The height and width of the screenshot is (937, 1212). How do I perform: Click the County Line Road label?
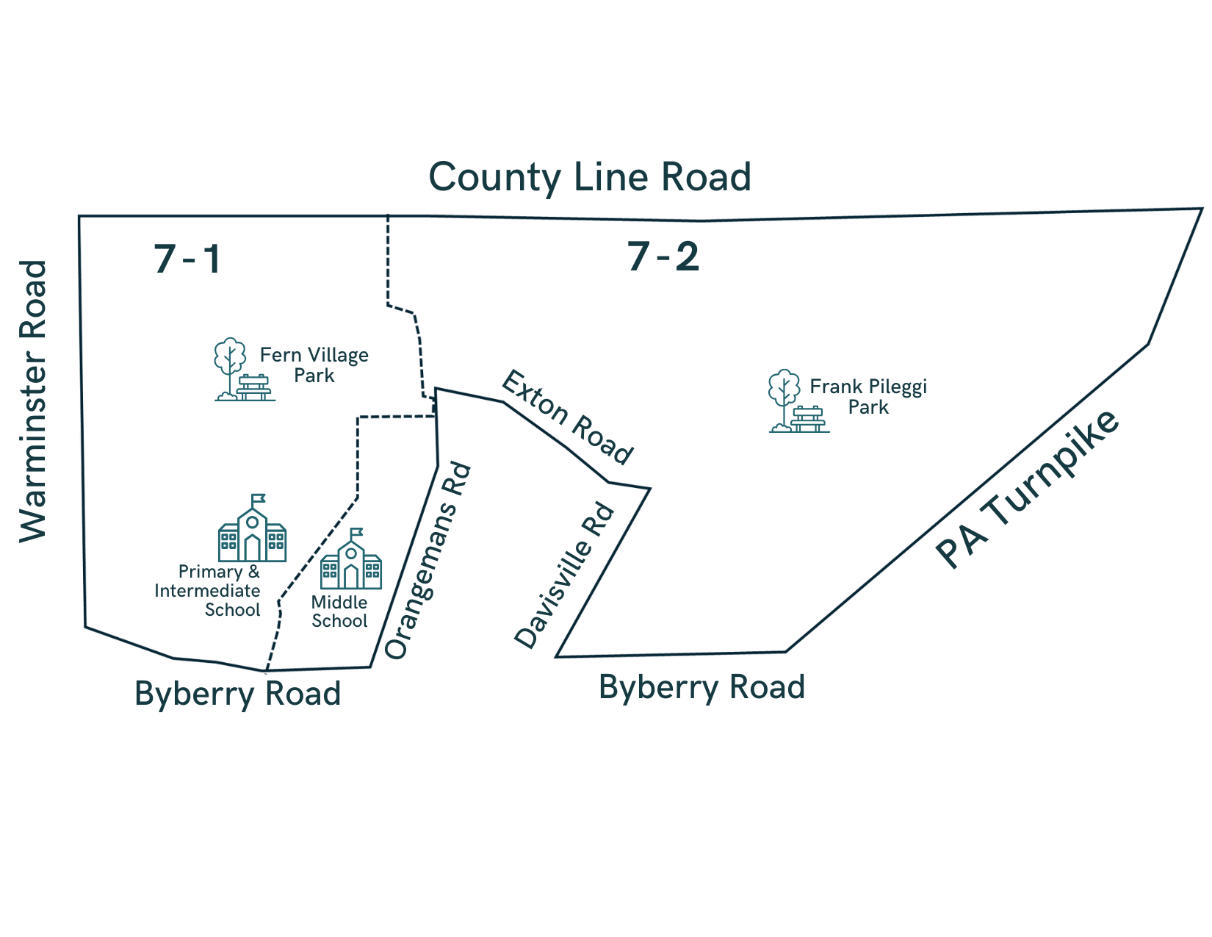click(589, 177)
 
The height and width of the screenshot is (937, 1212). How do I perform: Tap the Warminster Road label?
click(33, 401)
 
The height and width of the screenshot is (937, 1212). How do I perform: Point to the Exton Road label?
click(567, 417)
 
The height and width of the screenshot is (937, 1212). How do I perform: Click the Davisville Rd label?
click(564, 575)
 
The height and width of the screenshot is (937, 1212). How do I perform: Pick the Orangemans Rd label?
click(427, 561)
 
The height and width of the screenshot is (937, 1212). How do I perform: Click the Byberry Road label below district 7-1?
click(237, 694)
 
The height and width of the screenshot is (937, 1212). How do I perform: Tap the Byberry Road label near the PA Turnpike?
click(701, 687)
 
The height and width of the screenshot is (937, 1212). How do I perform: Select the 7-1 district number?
click(187, 259)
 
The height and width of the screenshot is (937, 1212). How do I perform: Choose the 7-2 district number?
click(663, 256)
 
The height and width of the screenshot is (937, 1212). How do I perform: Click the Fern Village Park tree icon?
click(230, 363)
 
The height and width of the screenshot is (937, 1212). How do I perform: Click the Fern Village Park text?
click(314, 365)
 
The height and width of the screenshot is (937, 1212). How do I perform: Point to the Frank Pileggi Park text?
click(867, 397)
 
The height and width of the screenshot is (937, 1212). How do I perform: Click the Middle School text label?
click(339, 611)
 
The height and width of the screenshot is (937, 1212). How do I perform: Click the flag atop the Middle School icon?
click(357, 532)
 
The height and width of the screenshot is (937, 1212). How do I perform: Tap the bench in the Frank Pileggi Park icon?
click(809, 420)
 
